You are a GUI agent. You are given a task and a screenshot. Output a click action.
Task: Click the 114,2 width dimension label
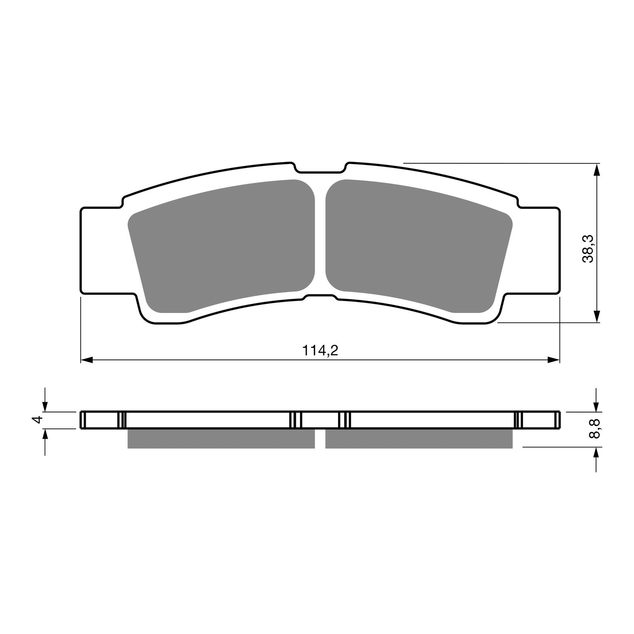click(320, 350)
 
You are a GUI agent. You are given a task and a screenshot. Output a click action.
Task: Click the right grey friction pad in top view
click(416, 246)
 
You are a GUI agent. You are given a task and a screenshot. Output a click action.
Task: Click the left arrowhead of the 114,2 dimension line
click(86, 360)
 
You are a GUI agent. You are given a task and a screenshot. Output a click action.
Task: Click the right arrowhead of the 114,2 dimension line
click(554, 360)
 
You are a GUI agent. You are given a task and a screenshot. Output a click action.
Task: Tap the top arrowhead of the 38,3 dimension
click(597, 170)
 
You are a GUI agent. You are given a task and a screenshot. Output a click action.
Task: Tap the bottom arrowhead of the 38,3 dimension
click(597, 316)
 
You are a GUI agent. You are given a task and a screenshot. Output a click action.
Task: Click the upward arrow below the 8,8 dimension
click(597, 454)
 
